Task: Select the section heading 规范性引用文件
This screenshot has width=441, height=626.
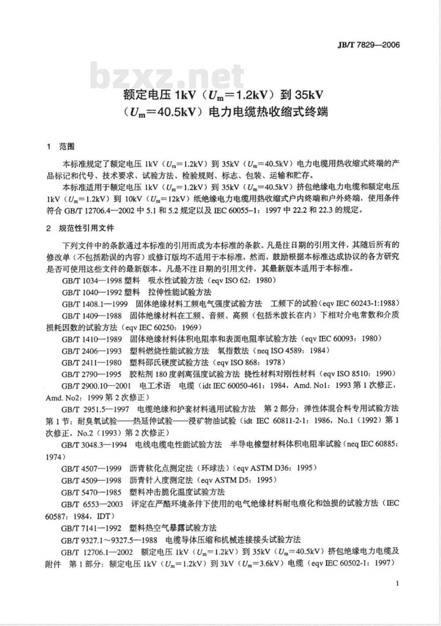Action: click(x=86, y=228)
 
